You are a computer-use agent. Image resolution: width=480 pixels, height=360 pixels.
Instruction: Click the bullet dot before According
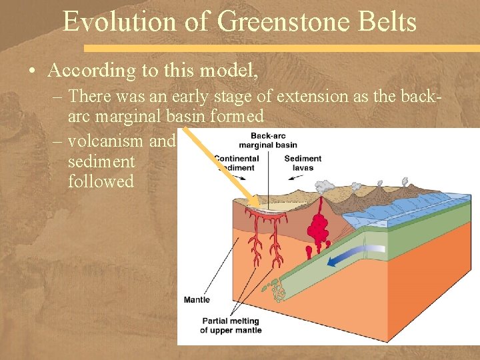click(33, 71)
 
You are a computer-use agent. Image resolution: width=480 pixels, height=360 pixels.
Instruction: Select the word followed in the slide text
click(101, 181)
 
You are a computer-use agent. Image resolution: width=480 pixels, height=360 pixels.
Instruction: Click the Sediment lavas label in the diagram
click(303, 163)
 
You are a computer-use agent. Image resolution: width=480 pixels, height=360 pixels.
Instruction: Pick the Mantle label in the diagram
click(198, 300)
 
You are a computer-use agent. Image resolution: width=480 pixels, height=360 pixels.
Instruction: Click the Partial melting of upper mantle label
click(229, 325)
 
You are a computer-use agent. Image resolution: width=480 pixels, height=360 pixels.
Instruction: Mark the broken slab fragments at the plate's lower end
click(274, 289)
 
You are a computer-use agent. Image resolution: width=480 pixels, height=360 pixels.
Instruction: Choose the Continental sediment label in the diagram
click(237, 163)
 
